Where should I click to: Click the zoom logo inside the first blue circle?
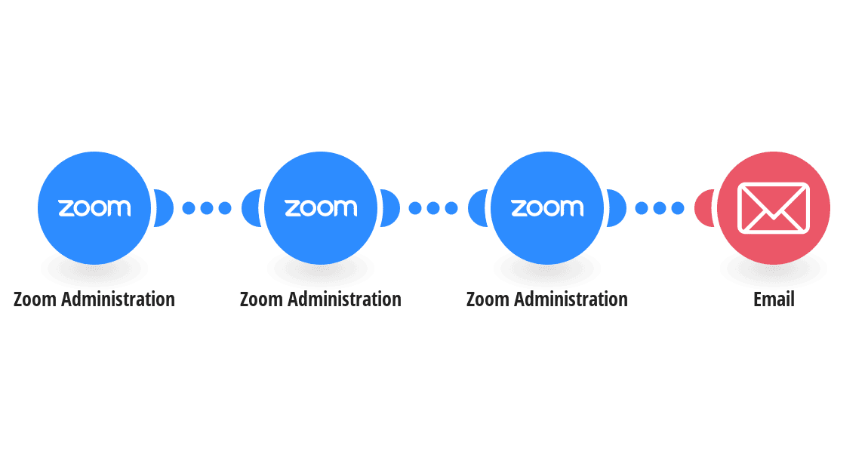point(94,208)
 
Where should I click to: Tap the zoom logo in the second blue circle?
point(321,208)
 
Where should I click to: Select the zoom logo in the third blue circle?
point(547,208)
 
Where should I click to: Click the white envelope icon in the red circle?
point(774,208)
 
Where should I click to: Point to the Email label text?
point(774,299)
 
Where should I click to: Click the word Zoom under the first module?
point(35,299)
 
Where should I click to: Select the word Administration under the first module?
point(118,299)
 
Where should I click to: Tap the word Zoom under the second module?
point(261,299)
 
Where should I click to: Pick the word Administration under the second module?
point(344,299)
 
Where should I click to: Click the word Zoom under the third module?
point(488,299)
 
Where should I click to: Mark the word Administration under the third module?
point(571,299)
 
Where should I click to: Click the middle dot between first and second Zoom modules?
point(207,208)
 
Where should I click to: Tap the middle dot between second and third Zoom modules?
point(433,208)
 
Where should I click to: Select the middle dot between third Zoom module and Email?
point(660,208)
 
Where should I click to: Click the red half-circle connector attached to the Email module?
point(703,208)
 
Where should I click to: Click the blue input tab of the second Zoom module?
point(251,208)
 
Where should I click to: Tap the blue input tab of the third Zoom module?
point(478,208)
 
